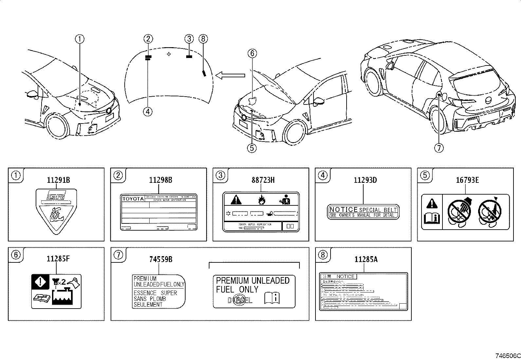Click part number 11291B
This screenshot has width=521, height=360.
click(x=58, y=180)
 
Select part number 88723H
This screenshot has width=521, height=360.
click(x=263, y=180)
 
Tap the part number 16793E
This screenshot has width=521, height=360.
click(x=467, y=180)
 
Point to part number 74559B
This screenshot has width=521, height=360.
click(x=161, y=259)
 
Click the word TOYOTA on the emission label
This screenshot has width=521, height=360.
click(x=133, y=199)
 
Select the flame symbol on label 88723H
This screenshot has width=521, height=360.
click(x=261, y=199)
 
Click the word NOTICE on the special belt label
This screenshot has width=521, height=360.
click(x=343, y=210)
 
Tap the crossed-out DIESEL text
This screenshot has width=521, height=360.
click(x=240, y=299)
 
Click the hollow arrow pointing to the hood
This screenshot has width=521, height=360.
click(x=230, y=76)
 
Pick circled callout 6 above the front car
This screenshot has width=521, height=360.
click(x=252, y=53)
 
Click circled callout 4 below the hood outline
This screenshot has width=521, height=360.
click(x=148, y=111)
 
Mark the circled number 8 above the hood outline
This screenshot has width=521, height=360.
click(x=203, y=39)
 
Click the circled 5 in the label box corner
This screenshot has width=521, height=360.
click(x=425, y=175)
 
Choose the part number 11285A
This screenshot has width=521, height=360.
click(x=366, y=259)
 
